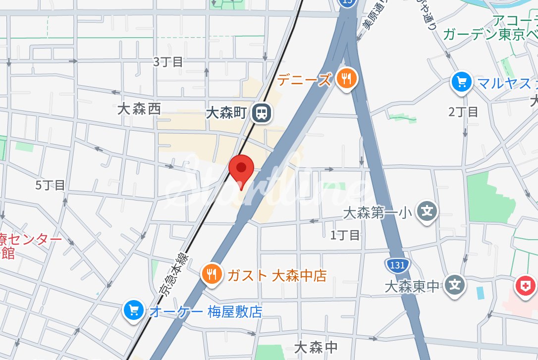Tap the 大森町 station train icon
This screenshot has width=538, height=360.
262,113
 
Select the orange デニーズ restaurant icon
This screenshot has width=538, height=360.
346,79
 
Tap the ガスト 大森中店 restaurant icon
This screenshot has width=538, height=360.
212,273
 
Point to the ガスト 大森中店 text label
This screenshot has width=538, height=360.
277,275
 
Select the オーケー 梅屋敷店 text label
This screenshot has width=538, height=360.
206,312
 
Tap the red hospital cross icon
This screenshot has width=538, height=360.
526,286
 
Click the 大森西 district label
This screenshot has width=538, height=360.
139,109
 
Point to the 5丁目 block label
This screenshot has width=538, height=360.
51,185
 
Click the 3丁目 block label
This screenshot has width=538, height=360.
168,62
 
